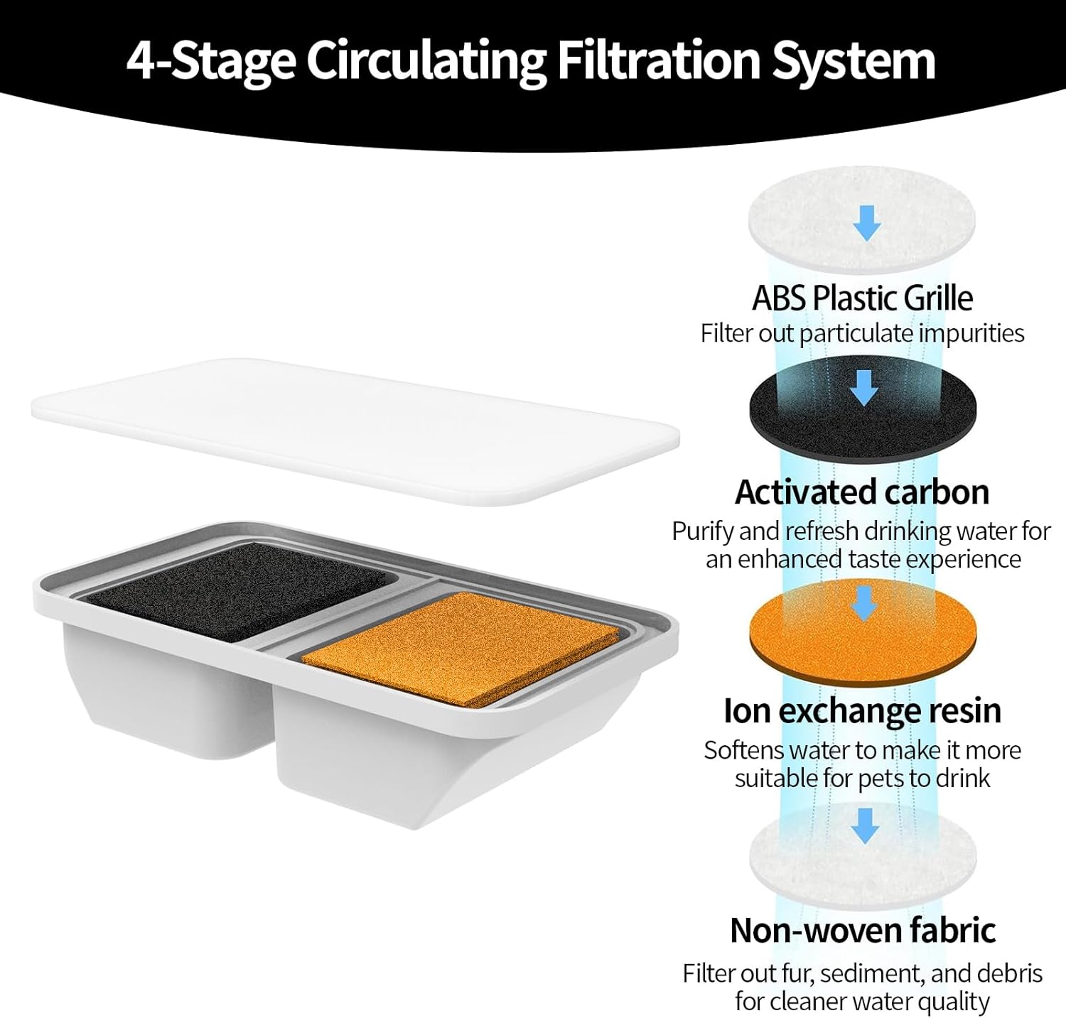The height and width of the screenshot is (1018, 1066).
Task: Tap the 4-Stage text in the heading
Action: tap(210, 62)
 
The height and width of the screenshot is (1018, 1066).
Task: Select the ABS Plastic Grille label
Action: tap(862, 298)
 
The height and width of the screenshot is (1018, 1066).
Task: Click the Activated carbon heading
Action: tap(862, 492)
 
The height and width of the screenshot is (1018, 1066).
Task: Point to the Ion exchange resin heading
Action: tap(862, 710)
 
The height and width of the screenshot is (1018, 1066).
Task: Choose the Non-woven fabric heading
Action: tap(862, 930)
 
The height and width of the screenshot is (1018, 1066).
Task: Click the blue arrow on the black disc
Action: tap(864, 388)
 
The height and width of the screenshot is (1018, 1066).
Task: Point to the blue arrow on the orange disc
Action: tap(864, 603)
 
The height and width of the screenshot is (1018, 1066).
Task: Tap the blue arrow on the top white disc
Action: tap(867, 222)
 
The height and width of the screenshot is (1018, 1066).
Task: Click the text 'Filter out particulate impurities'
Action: tap(862, 333)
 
